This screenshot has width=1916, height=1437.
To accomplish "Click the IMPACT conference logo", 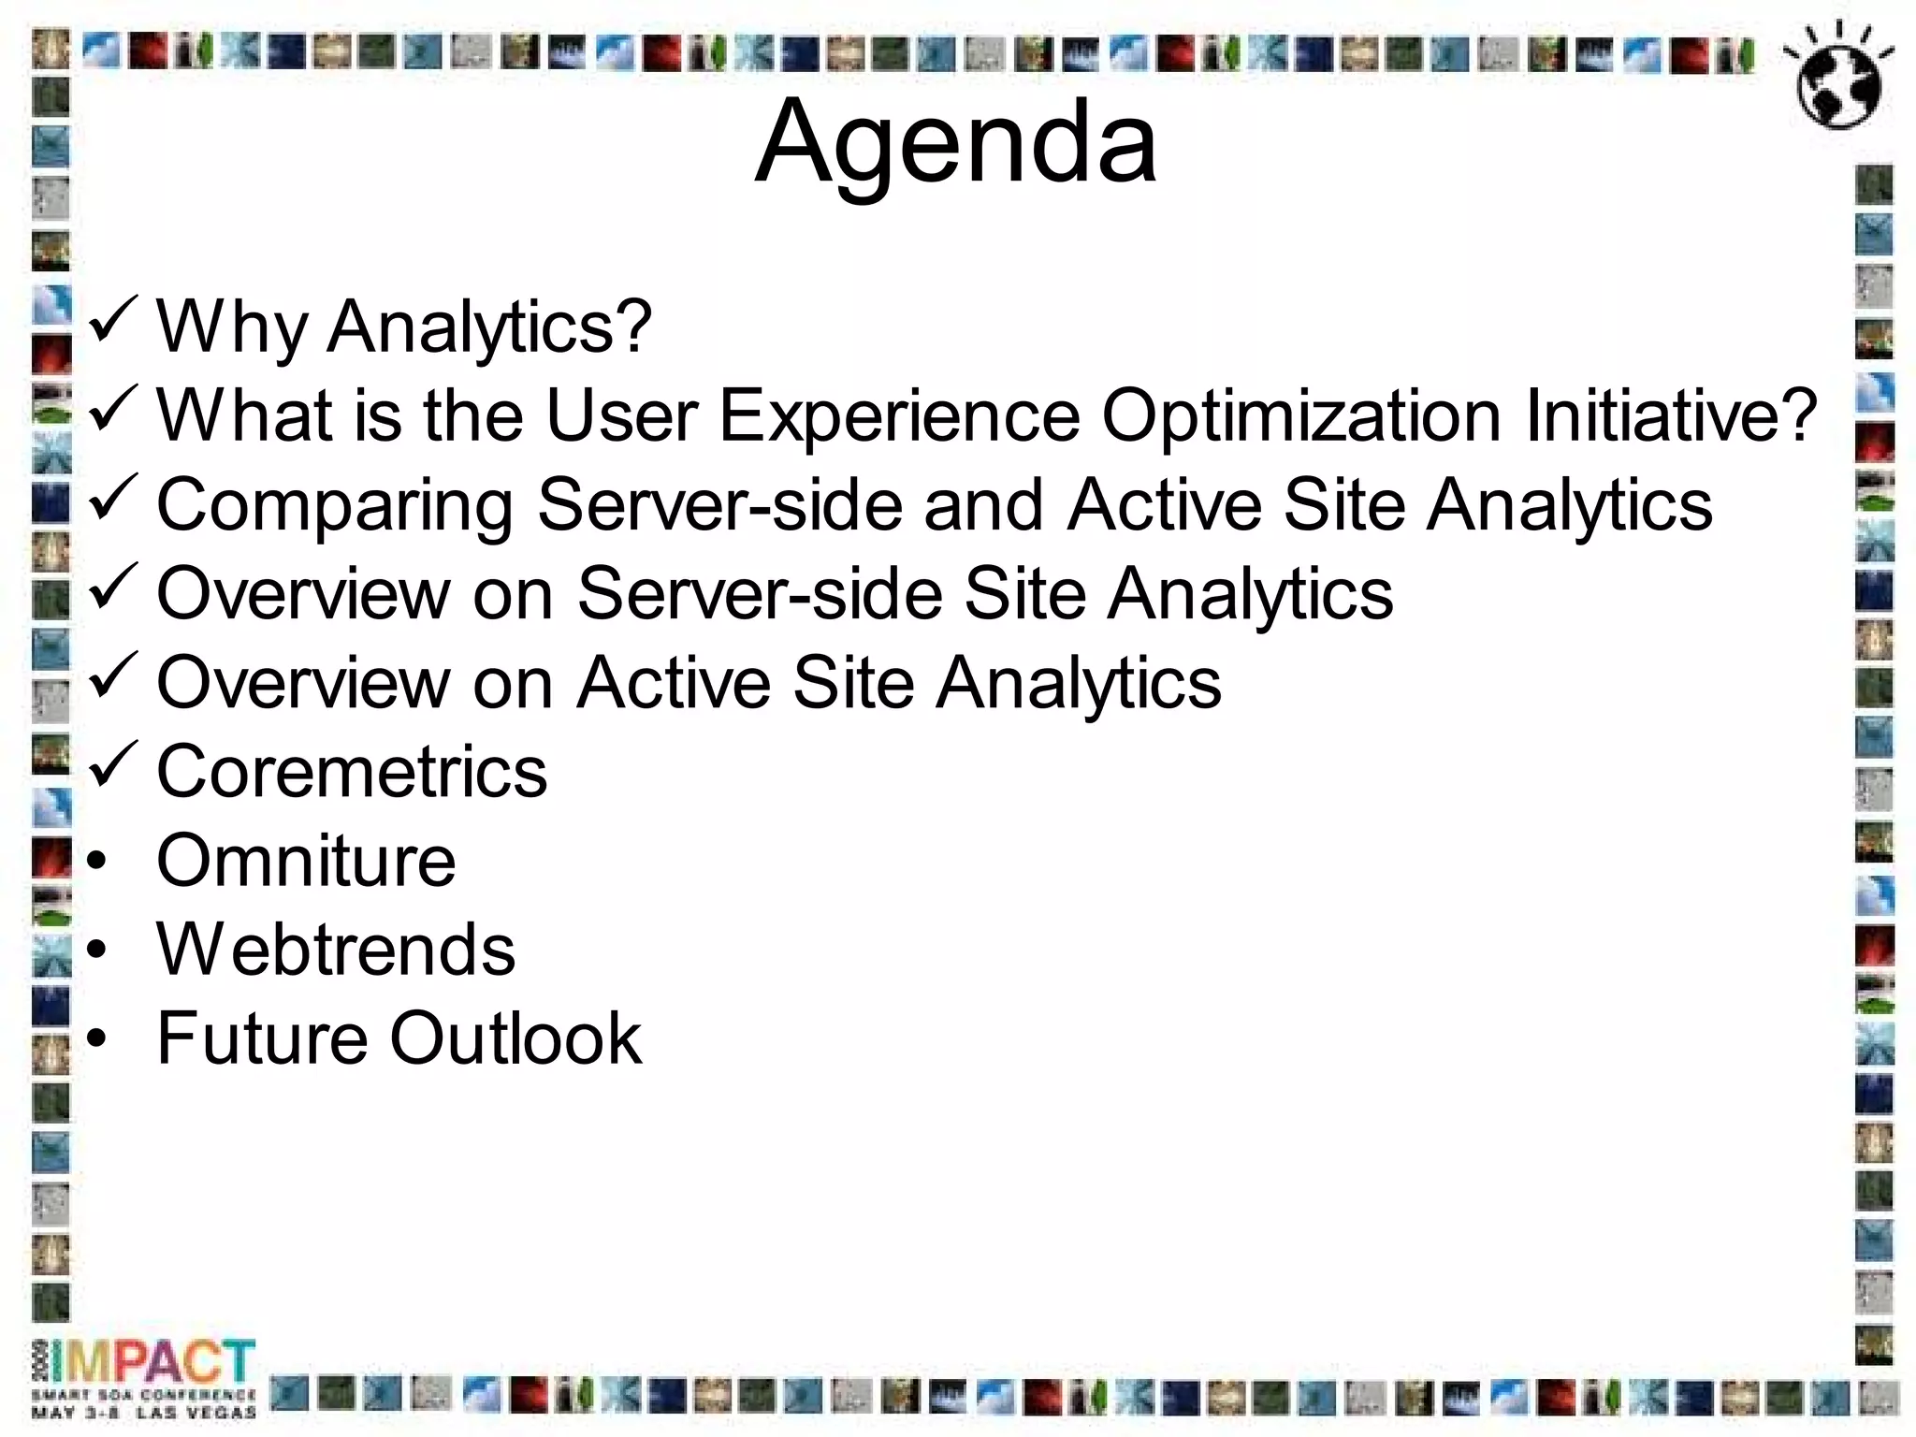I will click(x=145, y=1376).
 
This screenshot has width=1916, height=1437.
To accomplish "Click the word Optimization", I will click(x=1301, y=415).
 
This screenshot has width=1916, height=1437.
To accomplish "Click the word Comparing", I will click(x=335, y=505).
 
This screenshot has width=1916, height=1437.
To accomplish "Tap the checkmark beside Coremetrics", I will click(x=113, y=765).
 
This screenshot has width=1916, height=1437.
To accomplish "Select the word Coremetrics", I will click(x=352, y=772).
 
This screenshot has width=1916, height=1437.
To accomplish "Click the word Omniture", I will click(x=306, y=861).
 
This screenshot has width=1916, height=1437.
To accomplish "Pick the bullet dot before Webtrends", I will click(x=97, y=951).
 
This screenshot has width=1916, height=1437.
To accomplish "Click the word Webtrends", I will click(x=336, y=950).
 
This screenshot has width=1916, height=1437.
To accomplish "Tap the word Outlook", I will click(x=515, y=1038).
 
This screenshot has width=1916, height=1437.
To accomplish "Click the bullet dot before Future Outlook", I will click(x=97, y=1039).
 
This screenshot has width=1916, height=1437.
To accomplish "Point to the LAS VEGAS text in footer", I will click(x=196, y=1413).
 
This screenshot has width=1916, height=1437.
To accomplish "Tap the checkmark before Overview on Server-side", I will click(x=113, y=588).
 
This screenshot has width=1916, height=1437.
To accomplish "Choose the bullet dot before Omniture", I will click(x=97, y=862).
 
